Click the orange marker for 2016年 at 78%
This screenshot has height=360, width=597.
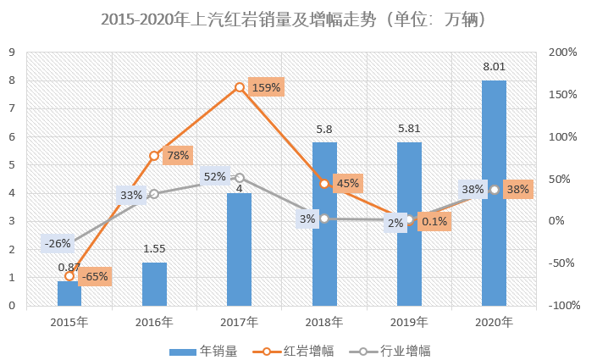154,156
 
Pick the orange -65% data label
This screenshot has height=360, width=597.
94,276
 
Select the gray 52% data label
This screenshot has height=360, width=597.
215,177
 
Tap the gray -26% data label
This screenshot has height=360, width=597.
58,244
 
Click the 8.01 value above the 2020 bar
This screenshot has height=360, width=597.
494,67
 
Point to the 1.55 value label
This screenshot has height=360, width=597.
154,248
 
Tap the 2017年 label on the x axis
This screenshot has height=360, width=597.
239,322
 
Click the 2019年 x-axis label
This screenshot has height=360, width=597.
409,322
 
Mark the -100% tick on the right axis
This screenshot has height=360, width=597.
561,306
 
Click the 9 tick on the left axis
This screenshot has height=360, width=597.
12,53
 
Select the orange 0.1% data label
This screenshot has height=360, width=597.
434,222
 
